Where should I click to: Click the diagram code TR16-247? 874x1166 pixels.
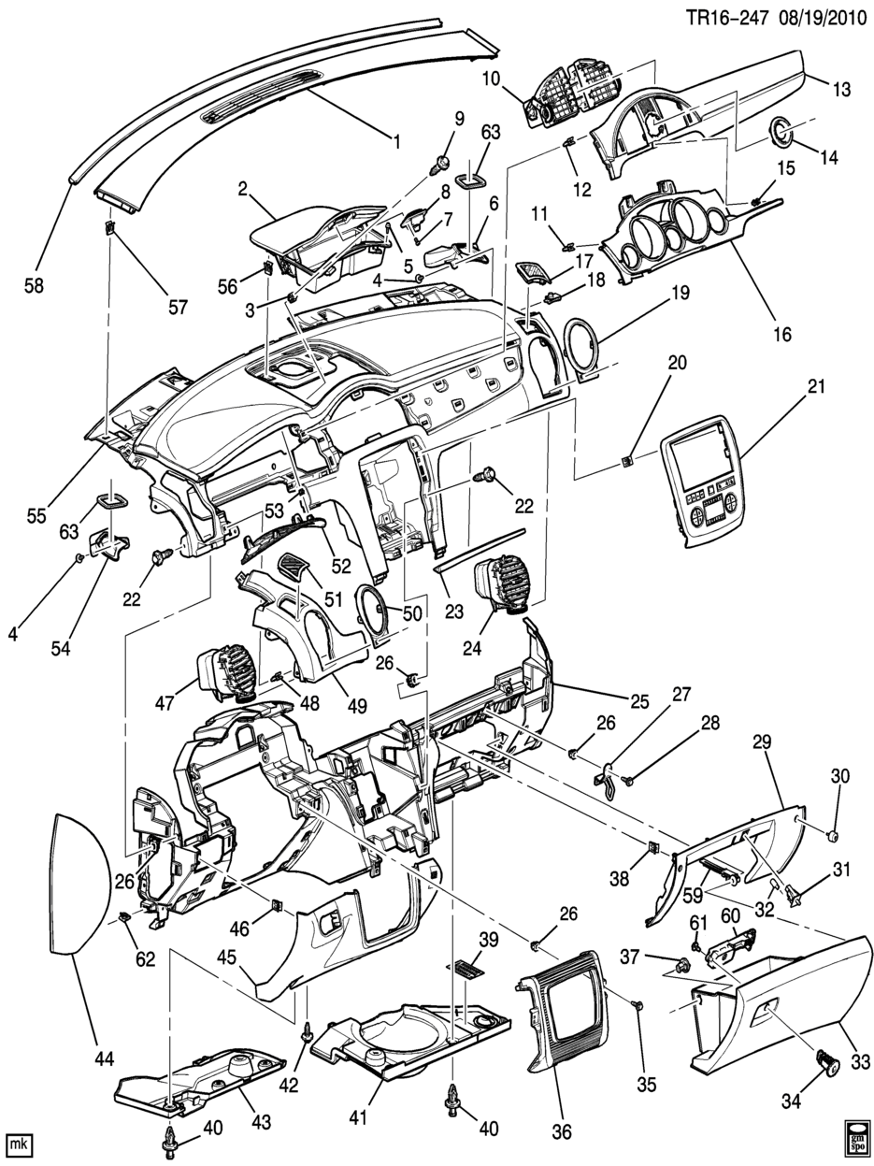tap(727, 18)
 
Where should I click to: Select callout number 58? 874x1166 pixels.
tap(35, 286)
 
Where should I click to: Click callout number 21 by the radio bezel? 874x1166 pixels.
tap(816, 386)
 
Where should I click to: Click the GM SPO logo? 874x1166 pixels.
tap(855, 1137)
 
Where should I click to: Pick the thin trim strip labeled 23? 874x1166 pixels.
tap(480, 550)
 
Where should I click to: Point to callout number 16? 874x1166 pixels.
tap(782, 334)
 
